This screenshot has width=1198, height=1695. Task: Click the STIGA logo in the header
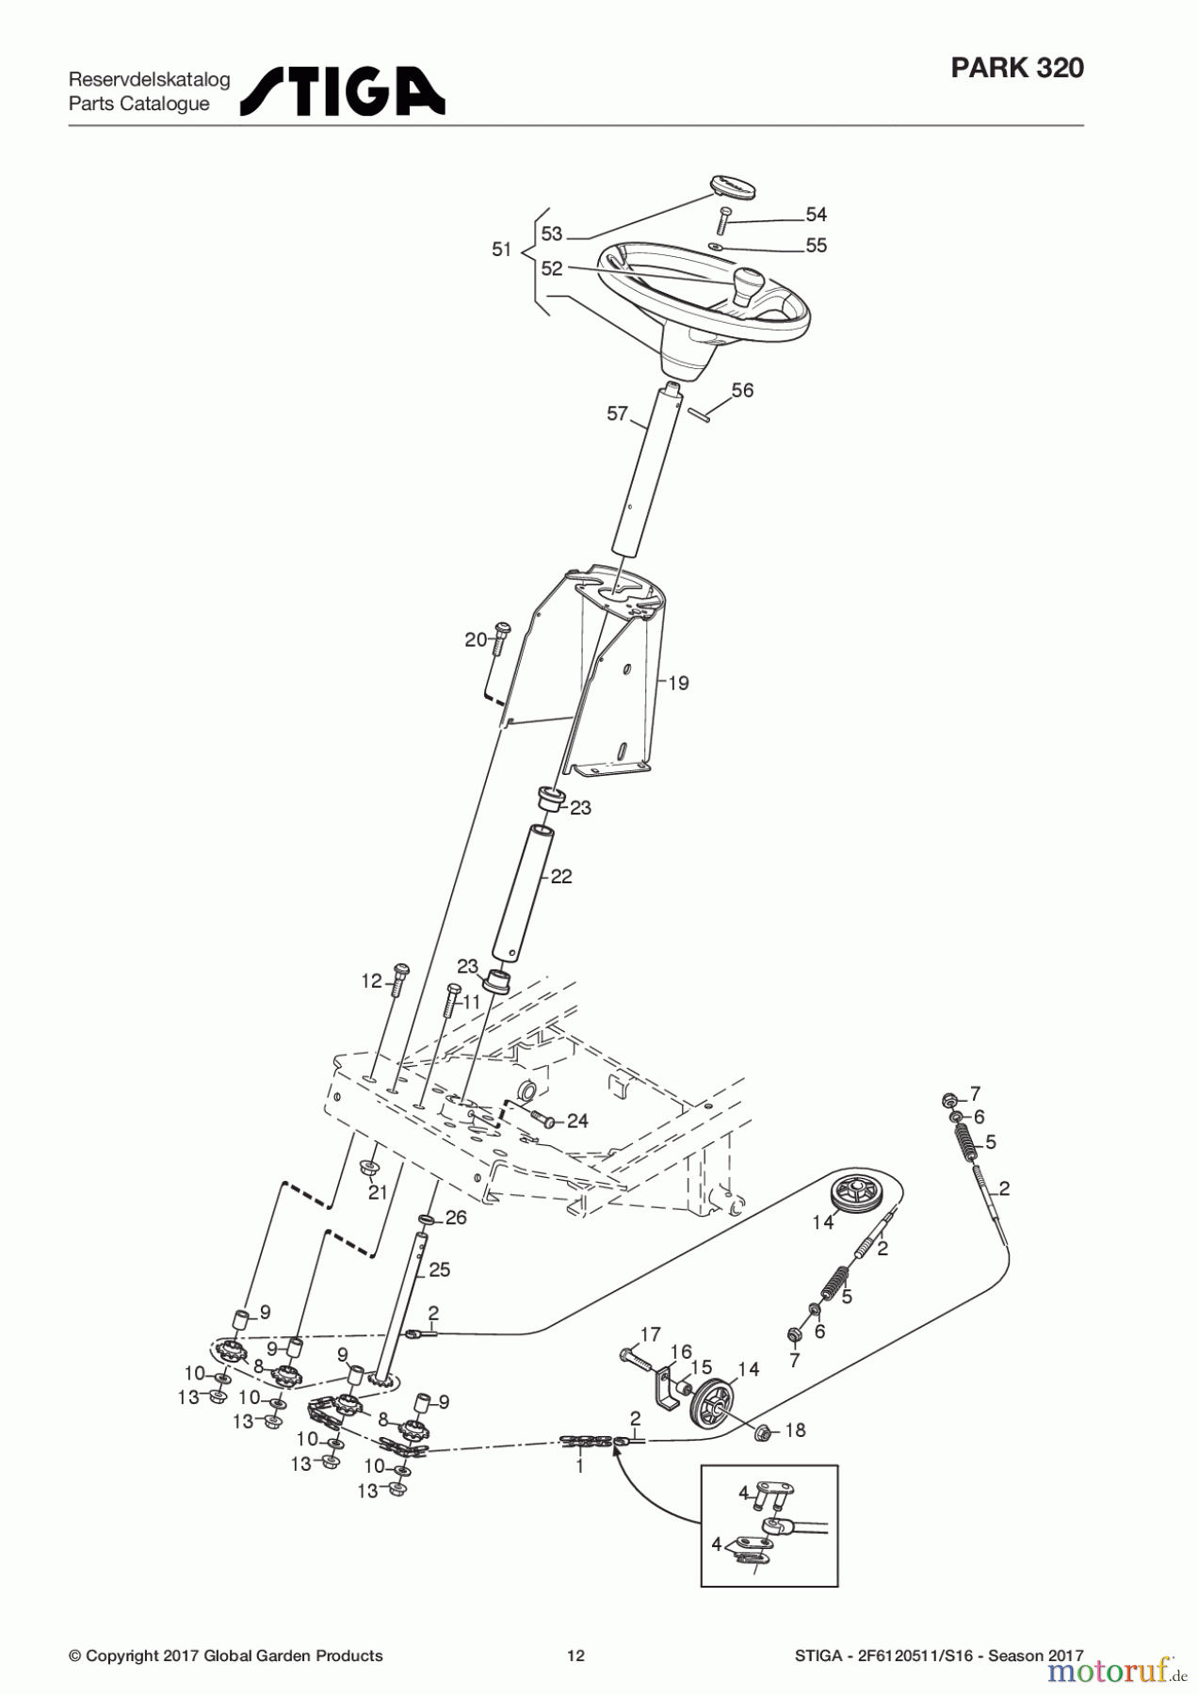click(342, 91)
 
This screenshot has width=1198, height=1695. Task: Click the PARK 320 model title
click(1016, 68)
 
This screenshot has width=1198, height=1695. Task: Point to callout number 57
click(617, 413)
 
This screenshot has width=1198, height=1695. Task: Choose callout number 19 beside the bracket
click(679, 683)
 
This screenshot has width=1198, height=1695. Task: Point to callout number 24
click(576, 1121)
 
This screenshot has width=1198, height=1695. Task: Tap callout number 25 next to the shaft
click(439, 1269)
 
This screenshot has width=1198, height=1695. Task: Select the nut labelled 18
click(764, 1432)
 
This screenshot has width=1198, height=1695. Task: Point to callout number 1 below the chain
click(579, 1466)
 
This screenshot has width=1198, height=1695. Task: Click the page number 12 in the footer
click(575, 1655)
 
